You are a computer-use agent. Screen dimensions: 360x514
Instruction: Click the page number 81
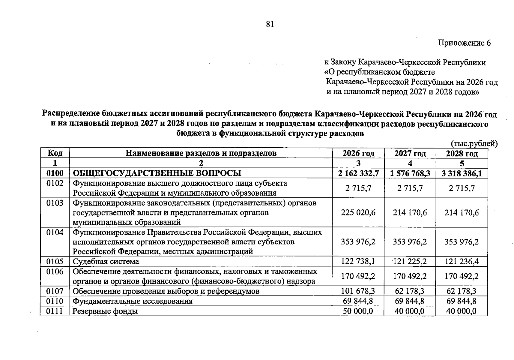(270, 24)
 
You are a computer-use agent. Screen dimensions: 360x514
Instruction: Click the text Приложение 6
(464, 43)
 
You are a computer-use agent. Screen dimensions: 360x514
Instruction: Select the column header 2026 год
(358, 154)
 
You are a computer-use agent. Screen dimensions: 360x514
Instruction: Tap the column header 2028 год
(462, 154)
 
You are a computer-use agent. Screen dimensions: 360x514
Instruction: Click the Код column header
(55, 153)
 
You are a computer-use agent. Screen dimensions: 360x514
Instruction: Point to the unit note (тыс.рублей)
(474, 144)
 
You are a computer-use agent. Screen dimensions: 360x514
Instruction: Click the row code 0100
(55, 173)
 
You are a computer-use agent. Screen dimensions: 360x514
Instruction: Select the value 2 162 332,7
(358, 173)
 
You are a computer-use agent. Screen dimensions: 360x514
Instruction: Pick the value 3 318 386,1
(462, 173)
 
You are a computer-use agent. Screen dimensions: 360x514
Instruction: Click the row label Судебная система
(106, 261)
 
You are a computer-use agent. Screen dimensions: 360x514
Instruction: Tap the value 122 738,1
(358, 261)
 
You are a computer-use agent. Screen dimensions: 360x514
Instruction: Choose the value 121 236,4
(462, 261)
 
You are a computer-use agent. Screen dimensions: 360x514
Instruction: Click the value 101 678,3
(358, 291)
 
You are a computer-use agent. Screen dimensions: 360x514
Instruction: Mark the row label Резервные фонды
(105, 311)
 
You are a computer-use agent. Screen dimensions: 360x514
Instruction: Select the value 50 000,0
(358, 311)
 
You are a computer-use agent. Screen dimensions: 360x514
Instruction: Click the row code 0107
(55, 291)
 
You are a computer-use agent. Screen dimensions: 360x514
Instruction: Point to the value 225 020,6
(358, 213)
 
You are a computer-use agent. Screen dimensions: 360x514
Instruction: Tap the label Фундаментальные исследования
(133, 301)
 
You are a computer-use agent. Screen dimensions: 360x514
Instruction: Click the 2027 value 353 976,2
(410, 242)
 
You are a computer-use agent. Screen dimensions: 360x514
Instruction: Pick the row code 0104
(55, 232)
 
